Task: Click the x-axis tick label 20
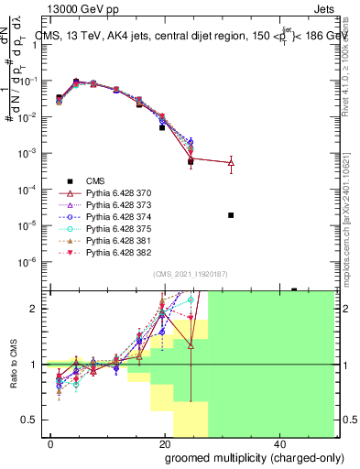point(165,442)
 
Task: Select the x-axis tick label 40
point(279,442)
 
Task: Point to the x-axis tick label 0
point(51,442)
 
